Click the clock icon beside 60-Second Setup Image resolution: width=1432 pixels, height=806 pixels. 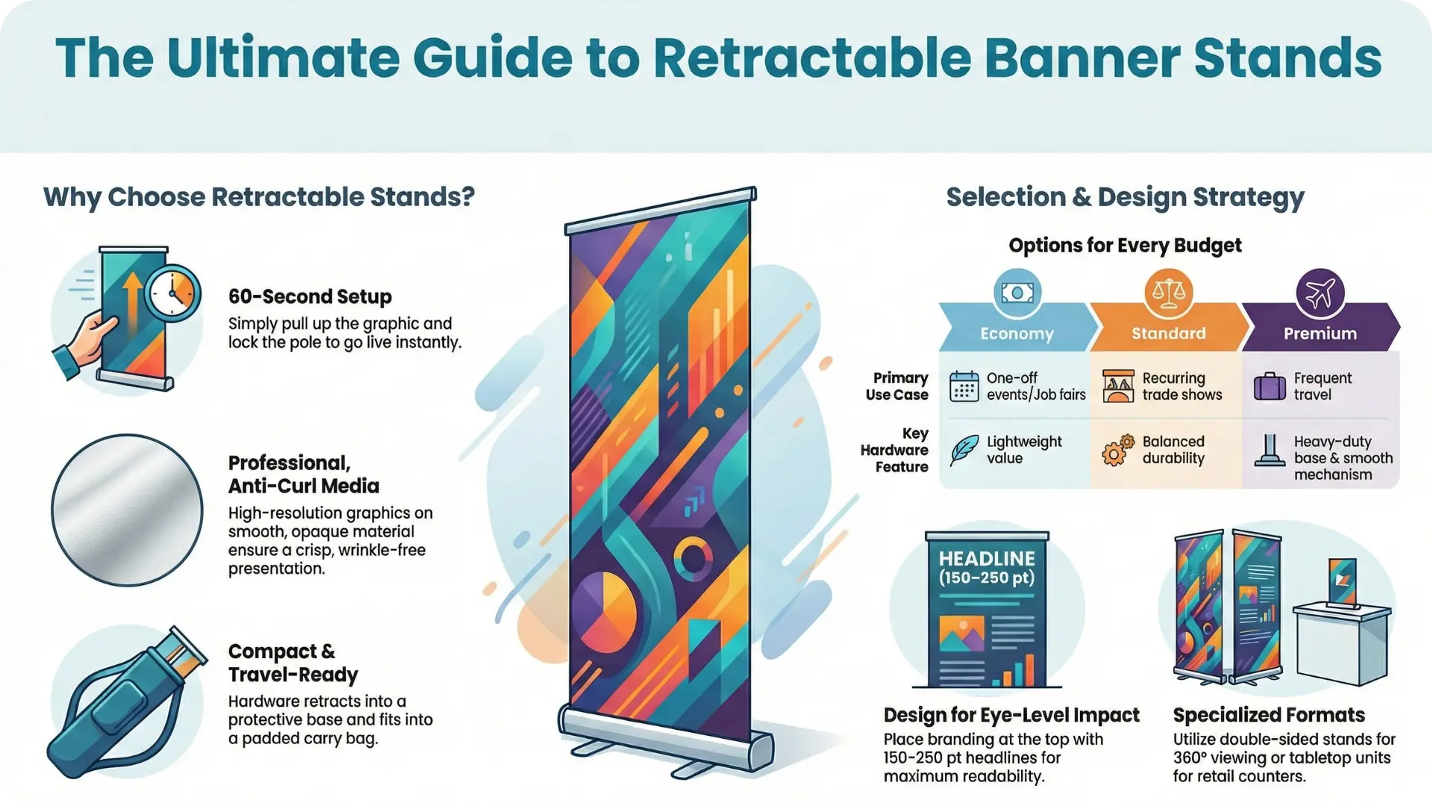pyautogui.click(x=173, y=293)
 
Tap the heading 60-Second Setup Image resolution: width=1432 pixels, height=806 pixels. pyautogui.click(x=310, y=296)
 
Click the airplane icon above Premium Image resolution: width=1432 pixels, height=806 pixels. pyautogui.click(x=1319, y=293)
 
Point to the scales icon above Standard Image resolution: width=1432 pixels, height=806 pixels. pyautogui.click(x=1168, y=293)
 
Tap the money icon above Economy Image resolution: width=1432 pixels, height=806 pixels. pyautogui.click(x=1017, y=293)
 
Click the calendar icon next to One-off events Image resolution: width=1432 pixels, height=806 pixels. pyautogui.click(x=964, y=387)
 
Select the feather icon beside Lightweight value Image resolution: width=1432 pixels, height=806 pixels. pyautogui.click(x=964, y=450)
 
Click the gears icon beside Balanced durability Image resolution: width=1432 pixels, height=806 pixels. pyautogui.click(x=1117, y=450)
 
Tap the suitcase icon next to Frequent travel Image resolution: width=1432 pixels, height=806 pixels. pyautogui.click(x=1269, y=387)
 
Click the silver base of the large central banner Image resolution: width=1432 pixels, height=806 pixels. pyautogui.click(x=664, y=735)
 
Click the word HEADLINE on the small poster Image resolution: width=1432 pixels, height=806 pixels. pyautogui.click(x=987, y=558)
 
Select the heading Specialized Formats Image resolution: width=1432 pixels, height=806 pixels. pyautogui.click(x=1269, y=715)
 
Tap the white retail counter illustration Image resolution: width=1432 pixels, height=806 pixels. pyautogui.click(x=1342, y=642)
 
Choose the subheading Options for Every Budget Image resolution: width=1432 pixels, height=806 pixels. pyautogui.click(x=1125, y=246)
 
